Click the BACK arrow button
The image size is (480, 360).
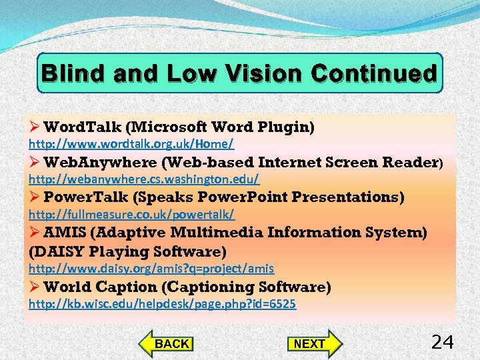tap(167, 343)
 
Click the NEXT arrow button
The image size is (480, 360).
tap(313, 343)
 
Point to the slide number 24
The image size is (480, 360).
tap(442, 343)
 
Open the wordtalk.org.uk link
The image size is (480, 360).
tap(131, 144)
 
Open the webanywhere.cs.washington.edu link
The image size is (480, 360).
tap(143, 179)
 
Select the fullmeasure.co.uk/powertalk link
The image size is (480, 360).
tap(131, 215)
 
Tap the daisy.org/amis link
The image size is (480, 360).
tap(151, 269)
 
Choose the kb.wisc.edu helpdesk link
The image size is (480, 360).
tap(162, 304)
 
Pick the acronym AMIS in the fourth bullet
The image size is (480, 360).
tap(65, 233)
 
